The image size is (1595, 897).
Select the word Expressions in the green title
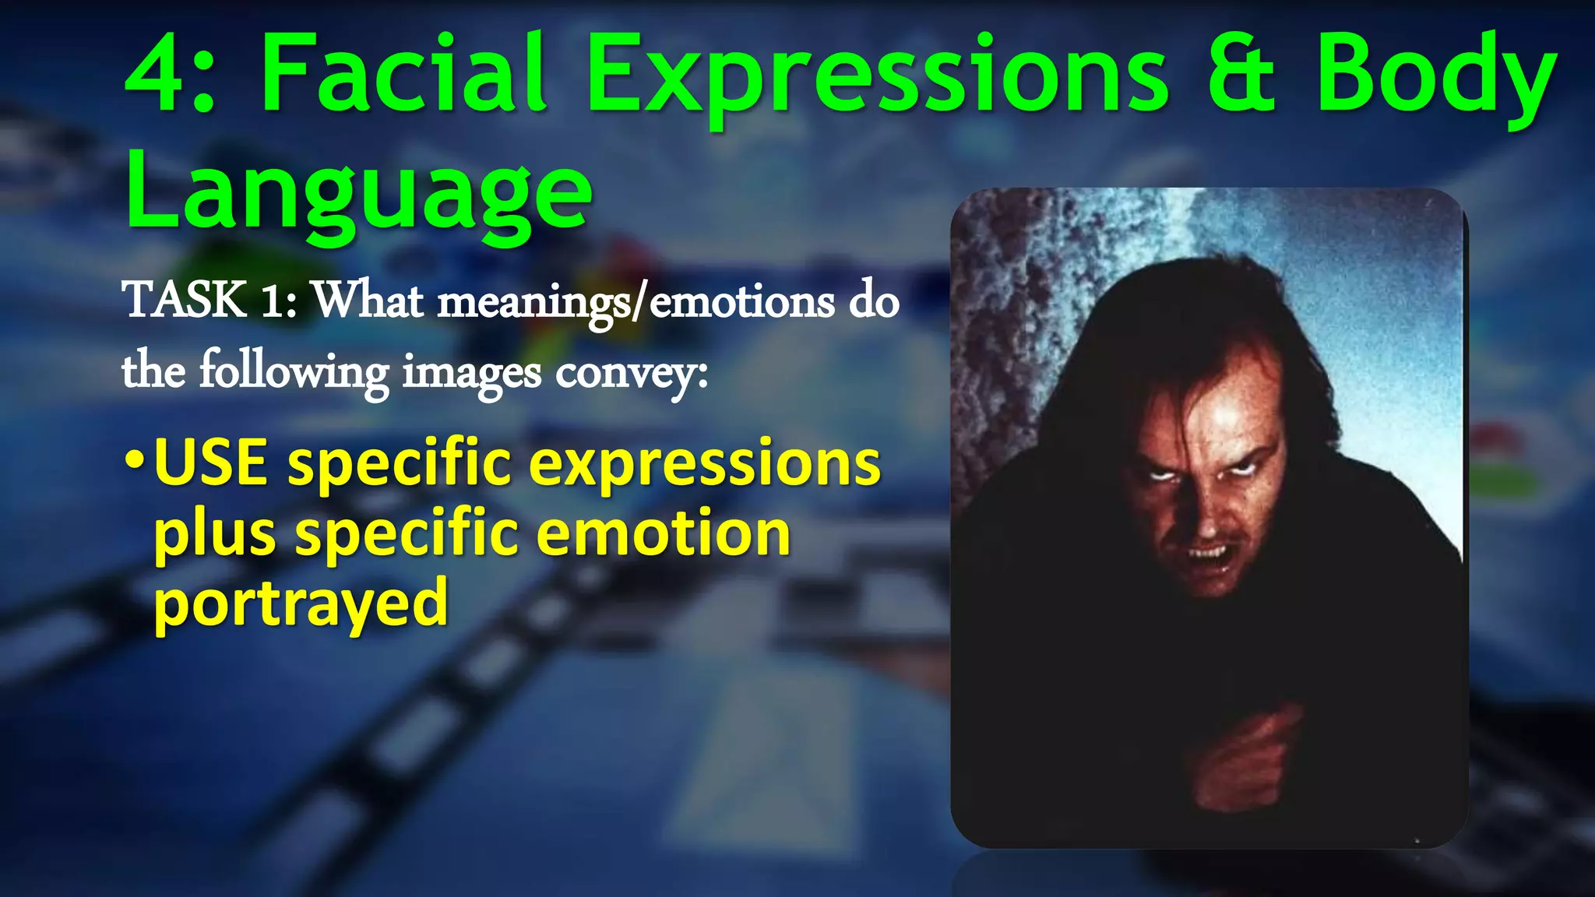pyautogui.click(x=876, y=78)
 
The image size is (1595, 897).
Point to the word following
pyautogui.click(x=294, y=371)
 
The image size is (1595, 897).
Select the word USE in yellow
pyautogui.click(x=211, y=463)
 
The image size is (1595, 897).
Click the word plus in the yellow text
pyautogui.click(x=215, y=536)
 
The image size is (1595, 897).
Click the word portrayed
pyautogui.click(x=301, y=604)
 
